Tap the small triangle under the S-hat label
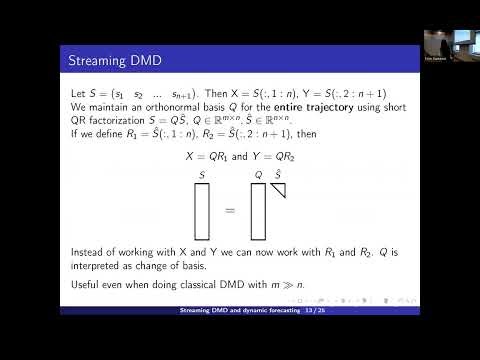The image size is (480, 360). pyautogui.click(x=279, y=189)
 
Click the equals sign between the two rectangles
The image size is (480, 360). pyautogui.click(x=229, y=211)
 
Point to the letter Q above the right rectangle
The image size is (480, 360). pyautogui.click(x=258, y=174)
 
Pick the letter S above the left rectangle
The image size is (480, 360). pyautogui.click(x=202, y=174)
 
